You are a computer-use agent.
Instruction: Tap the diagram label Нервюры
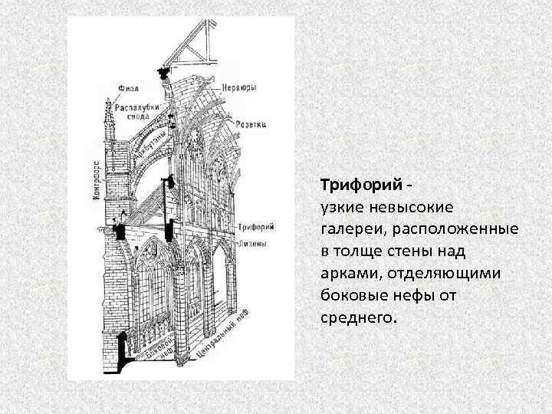pyautogui.click(x=241, y=87)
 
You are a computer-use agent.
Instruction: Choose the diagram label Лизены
pyautogui.click(x=252, y=244)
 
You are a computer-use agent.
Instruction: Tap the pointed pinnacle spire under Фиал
pyautogui.click(x=108, y=115)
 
